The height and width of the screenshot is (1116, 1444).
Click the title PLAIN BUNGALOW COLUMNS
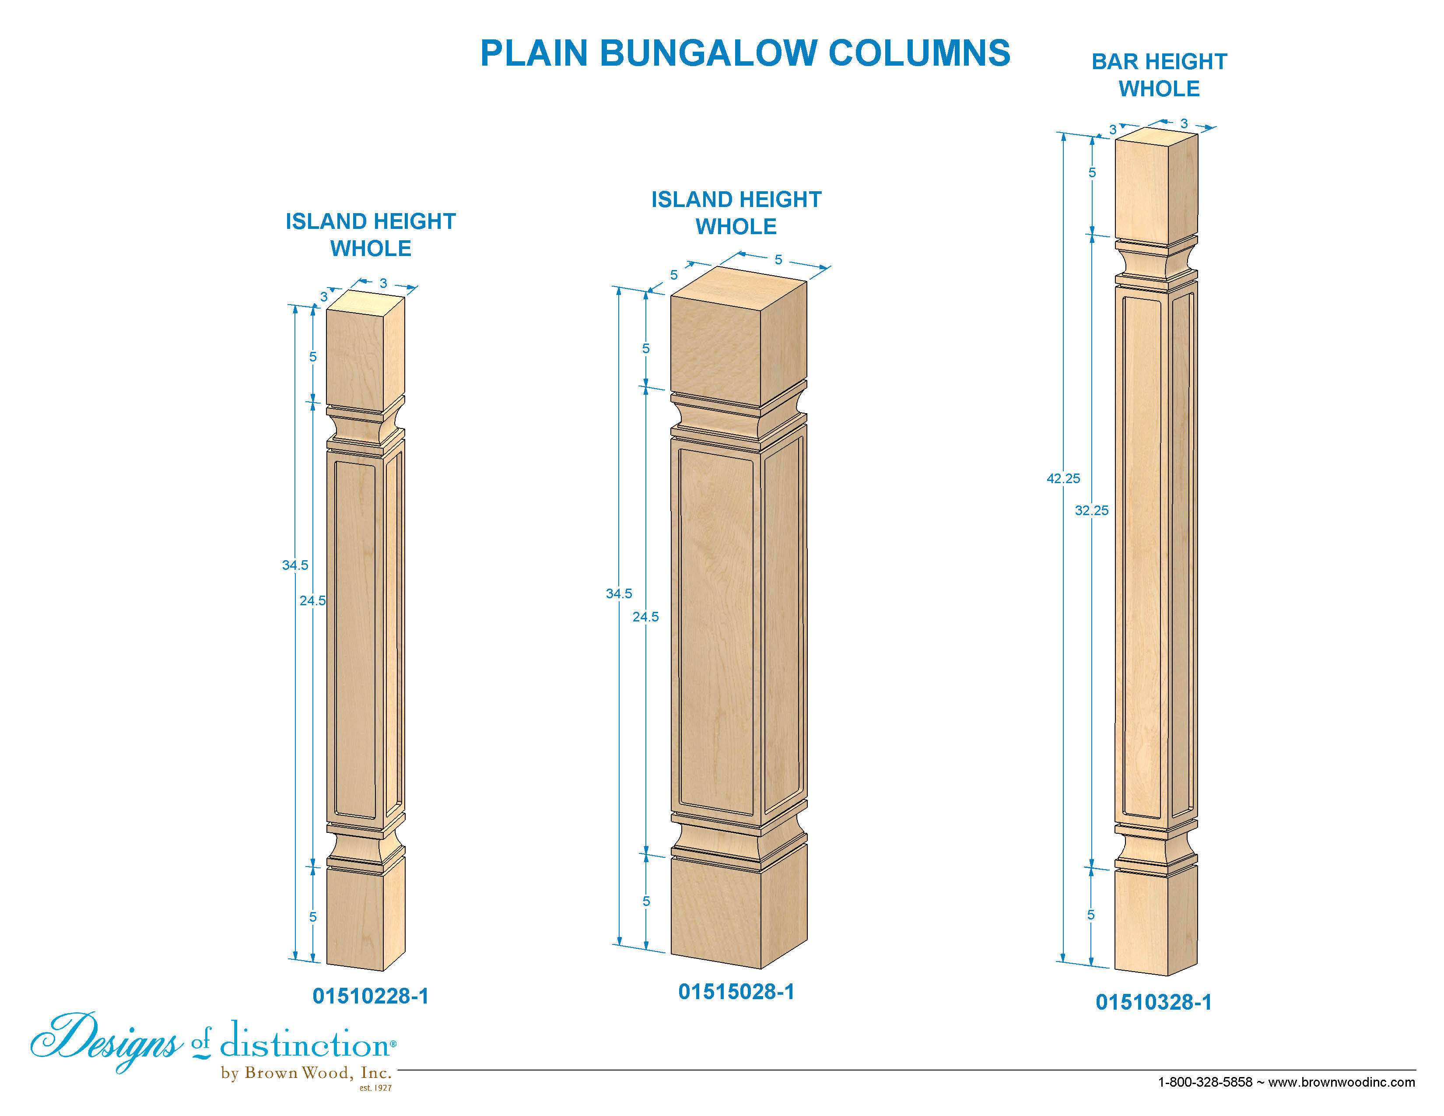point(745,53)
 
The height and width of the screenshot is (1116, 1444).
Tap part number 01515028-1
point(736,991)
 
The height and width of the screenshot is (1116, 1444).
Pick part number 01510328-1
point(1154,1002)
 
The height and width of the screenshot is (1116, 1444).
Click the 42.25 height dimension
point(1063,478)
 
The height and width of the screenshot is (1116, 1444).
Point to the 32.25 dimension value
point(1092,510)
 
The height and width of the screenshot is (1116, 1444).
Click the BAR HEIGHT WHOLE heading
point(1159,75)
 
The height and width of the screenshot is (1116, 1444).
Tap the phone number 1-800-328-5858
point(1205,1082)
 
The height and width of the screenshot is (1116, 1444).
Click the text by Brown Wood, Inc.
point(306,1073)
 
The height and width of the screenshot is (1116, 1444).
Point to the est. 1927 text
point(375,1088)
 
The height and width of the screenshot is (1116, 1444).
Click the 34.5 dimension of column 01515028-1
point(619,593)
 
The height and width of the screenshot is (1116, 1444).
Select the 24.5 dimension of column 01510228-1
point(312,600)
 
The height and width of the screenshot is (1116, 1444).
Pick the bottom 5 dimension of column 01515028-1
point(646,901)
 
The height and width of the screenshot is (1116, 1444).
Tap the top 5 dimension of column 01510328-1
point(1092,172)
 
